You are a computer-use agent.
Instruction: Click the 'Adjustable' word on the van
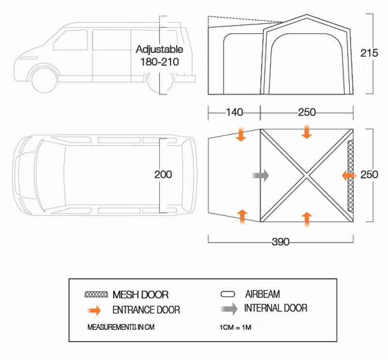click(159, 49)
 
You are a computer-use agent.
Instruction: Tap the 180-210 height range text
click(159, 62)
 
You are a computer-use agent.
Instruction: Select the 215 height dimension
click(369, 53)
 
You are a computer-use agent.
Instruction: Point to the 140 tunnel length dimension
click(234, 113)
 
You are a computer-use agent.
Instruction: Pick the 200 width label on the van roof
click(163, 174)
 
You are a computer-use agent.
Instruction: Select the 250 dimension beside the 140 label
click(307, 113)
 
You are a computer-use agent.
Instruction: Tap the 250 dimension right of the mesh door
click(369, 175)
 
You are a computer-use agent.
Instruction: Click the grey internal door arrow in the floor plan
click(260, 175)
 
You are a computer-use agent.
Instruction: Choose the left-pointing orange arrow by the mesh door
click(348, 175)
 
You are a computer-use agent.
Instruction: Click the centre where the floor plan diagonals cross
click(307, 176)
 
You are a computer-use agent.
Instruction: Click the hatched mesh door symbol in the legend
click(96, 295)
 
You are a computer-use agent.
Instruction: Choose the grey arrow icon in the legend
click(228, 309)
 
